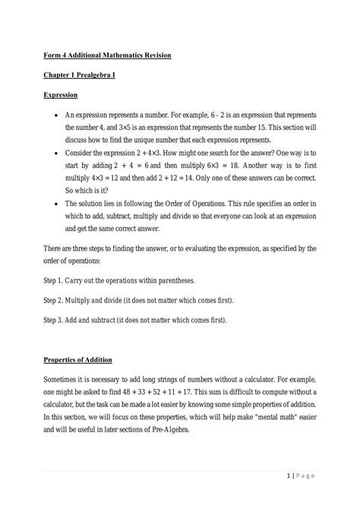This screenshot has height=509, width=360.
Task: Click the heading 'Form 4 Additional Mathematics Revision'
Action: point(106,56)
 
